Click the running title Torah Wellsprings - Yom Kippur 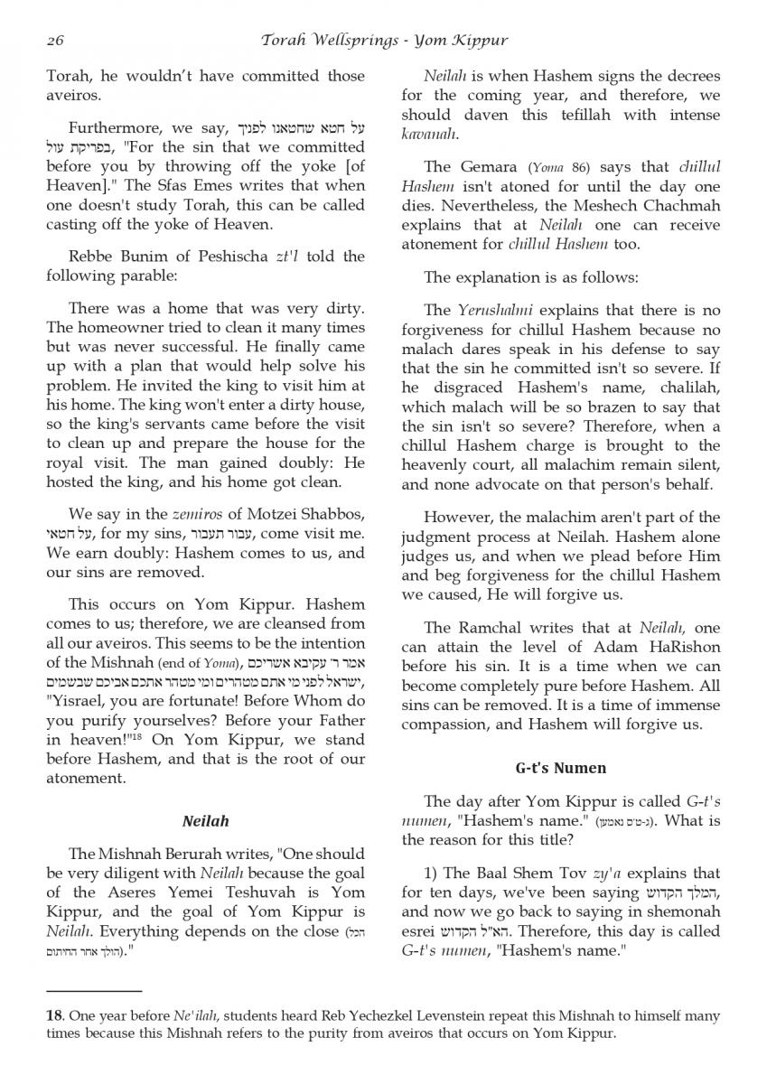coord(384,41)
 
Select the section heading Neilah coord(206,821)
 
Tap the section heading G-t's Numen coord(561,768)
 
